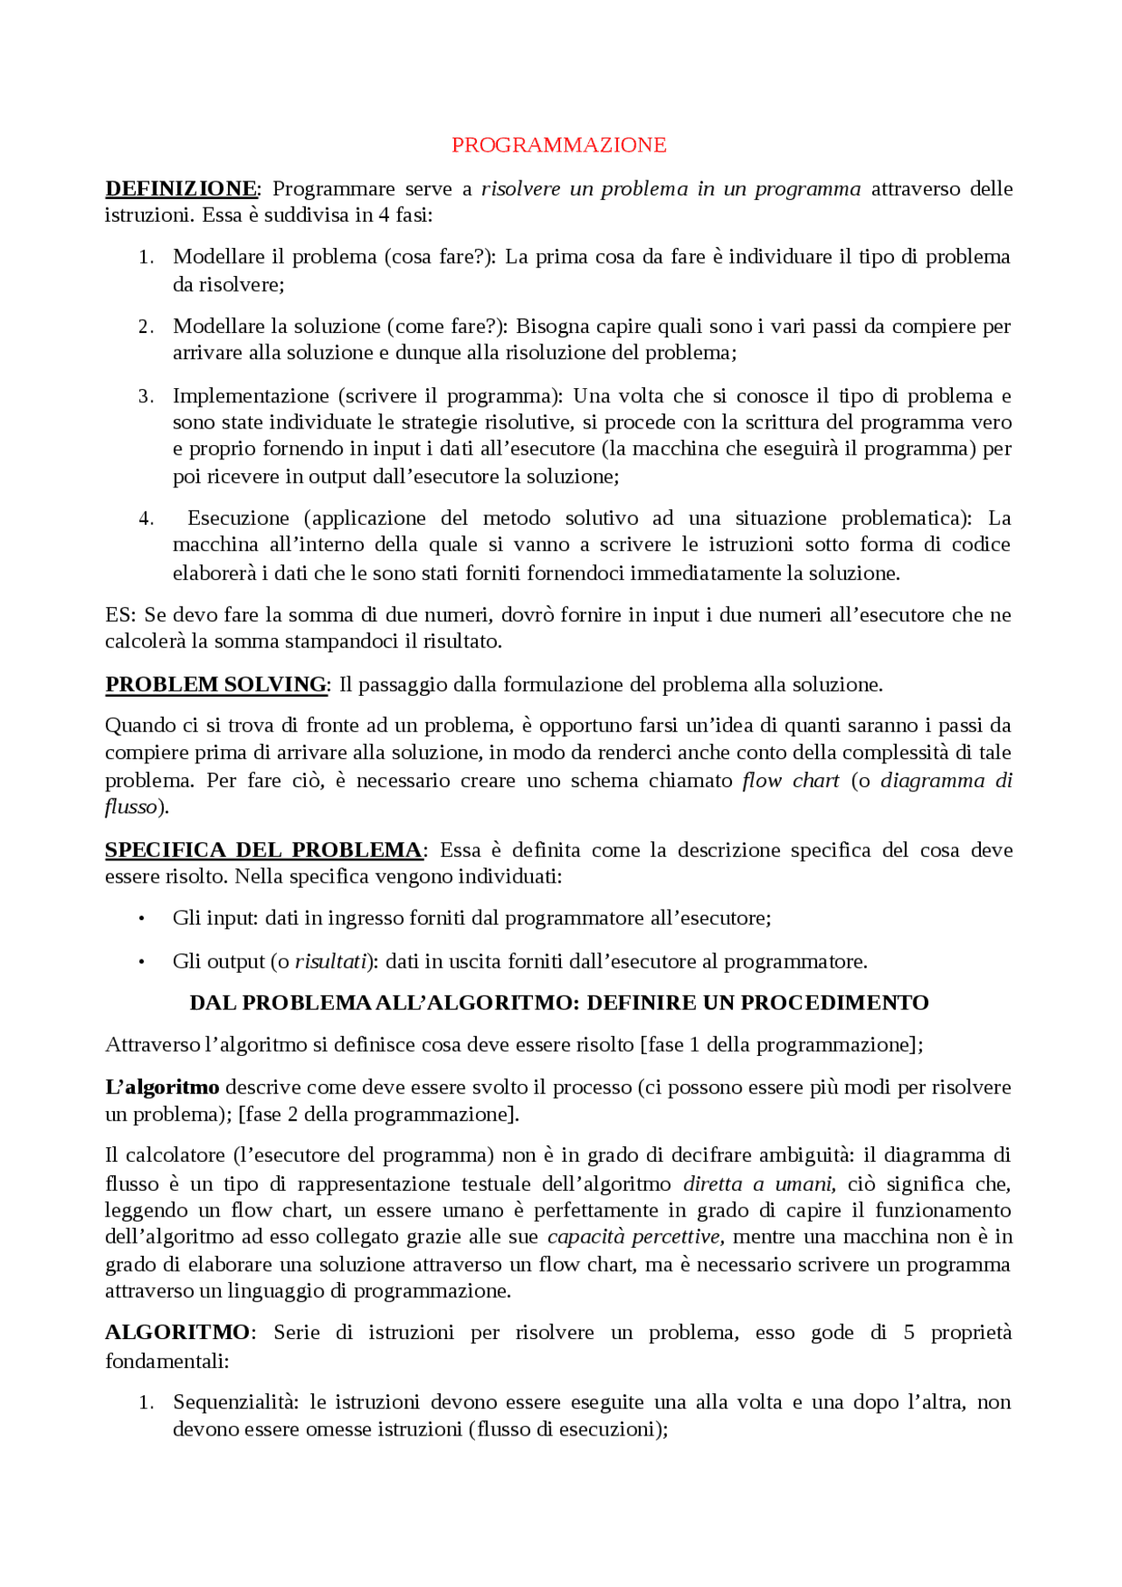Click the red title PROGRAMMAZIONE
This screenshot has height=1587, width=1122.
(558, 145)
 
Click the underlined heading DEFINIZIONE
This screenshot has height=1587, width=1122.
(181, 188)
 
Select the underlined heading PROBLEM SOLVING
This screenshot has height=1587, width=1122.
(216, 684)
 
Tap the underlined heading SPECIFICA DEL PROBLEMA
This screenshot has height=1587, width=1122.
(264, 849)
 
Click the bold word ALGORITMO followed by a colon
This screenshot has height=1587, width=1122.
(177, 1332)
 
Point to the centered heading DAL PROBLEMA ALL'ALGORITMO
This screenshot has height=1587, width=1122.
(558, 1003)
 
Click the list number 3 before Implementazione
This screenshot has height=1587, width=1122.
(146, 396)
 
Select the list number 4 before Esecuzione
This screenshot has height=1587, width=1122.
(146, 518)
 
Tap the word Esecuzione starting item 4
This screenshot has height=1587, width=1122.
(238, 518)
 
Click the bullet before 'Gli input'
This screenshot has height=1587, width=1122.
(142, 918)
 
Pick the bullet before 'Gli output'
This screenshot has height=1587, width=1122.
(142, 961)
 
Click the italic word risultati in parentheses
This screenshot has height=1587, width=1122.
(330, 961)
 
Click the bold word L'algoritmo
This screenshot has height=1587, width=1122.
(162, 1087)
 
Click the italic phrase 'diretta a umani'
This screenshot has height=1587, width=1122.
(758, 1184)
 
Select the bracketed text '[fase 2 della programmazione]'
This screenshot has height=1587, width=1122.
(378, 1114)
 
